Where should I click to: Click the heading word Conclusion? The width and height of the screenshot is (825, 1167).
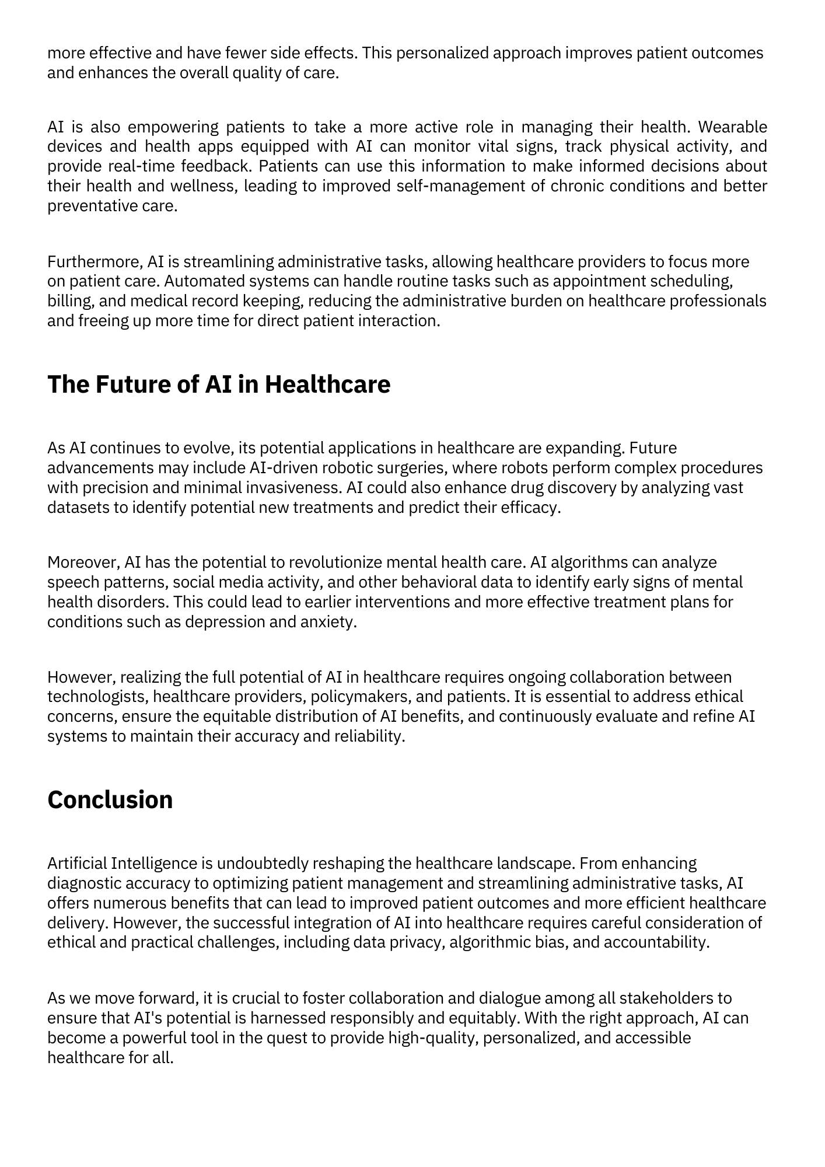110,800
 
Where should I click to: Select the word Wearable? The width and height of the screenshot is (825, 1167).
732,127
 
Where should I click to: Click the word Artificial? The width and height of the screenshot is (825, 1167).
76,863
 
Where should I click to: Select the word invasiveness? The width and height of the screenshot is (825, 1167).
293,488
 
